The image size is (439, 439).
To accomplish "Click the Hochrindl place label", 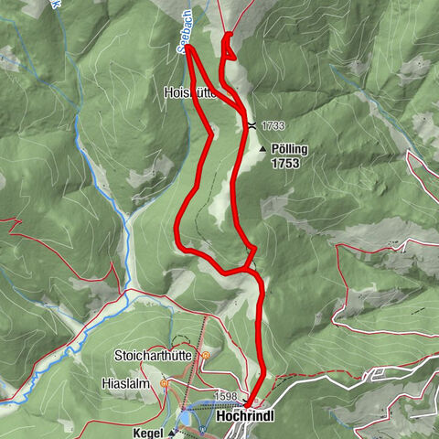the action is pos(246,416).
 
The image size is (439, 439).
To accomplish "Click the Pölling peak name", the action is pos(290,148).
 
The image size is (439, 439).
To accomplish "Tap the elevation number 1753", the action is pos(284,165).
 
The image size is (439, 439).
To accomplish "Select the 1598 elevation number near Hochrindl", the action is pos(226,396).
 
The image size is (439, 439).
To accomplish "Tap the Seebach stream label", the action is pos(181,39).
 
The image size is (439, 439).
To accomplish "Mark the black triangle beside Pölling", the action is pos(263,149).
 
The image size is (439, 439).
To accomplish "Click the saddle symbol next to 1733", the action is pos(251,125).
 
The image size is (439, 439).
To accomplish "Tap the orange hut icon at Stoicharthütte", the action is pos(206,355).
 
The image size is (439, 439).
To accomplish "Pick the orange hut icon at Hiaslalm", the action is pos(164,384).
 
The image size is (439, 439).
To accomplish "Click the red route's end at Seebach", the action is pos(190,47).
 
